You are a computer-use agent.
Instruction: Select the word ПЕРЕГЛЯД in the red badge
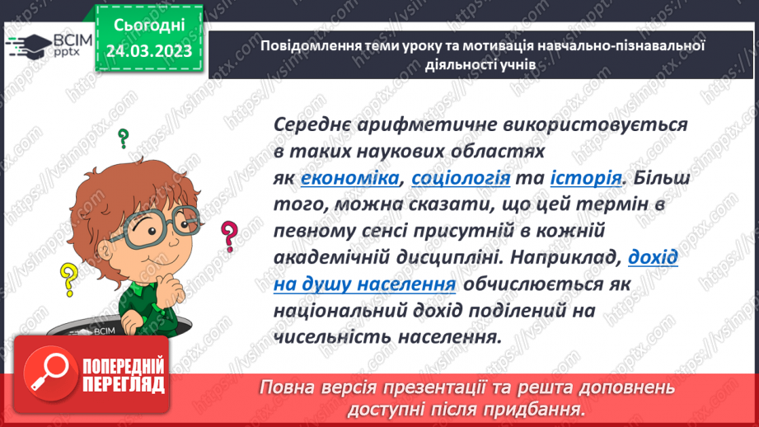(x=124, y=383)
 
